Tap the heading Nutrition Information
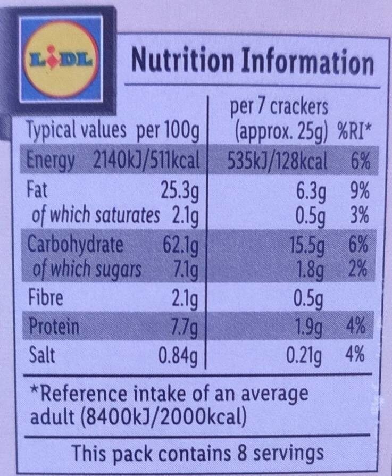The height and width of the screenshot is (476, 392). coord(252,62)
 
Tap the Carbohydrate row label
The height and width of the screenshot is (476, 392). coord(74,245)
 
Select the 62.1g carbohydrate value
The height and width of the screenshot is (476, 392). coord(180,245)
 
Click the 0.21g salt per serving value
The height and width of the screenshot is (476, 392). coord(303,355)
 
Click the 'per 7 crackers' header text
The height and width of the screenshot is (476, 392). coord(278,108)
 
